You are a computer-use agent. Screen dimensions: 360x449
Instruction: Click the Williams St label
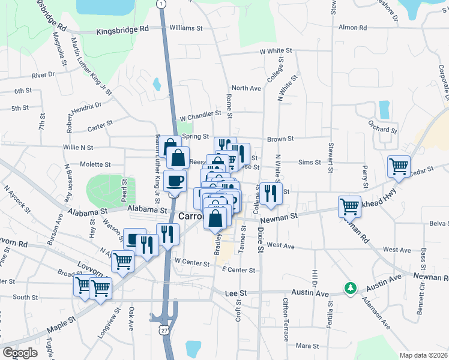click(187, 28)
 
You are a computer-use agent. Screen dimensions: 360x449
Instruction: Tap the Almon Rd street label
click(352, 28)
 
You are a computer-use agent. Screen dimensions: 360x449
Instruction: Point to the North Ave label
click(246, 88)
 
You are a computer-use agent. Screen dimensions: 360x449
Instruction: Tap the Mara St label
click(307, 346)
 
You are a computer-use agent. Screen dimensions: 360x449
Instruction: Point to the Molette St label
click(95, 164)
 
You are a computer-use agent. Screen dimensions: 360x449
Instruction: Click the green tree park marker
click(350, 289)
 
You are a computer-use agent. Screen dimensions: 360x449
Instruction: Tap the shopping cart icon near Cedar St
click(399, 166)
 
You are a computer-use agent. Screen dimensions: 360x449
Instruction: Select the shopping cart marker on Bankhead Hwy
click(349, 206)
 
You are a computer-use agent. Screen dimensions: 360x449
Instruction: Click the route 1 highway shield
click(161, 4)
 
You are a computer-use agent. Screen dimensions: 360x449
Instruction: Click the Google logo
click(20, 353)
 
